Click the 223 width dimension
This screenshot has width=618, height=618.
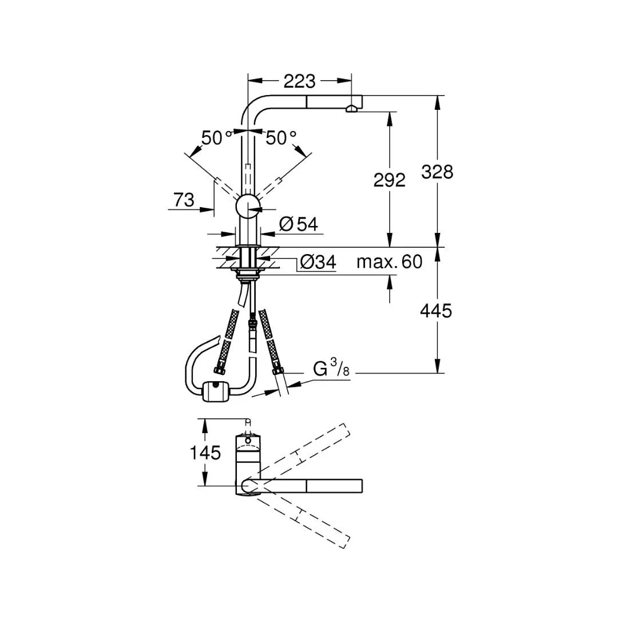[299, 81]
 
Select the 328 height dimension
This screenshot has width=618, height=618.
[437, 171]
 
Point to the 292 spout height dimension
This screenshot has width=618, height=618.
[389, 180]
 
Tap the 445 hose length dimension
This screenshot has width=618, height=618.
[436, 311]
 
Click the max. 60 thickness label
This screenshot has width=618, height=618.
[389, 262]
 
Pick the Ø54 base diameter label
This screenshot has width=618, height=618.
[299, 224]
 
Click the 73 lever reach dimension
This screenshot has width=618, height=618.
[184, 200]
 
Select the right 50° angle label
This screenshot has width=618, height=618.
[281, 138]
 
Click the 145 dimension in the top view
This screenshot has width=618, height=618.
[205, 453]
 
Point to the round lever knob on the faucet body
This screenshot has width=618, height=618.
[248, 205]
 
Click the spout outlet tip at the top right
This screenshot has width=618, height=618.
[352, 107]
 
